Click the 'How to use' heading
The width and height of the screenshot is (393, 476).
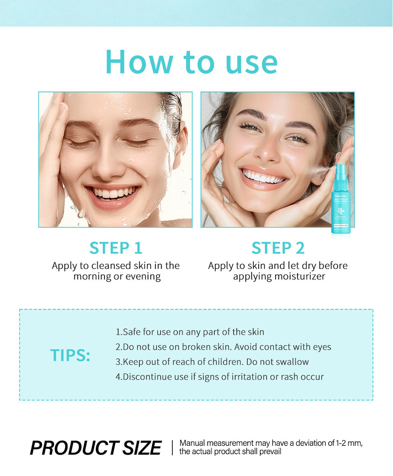(192, 62)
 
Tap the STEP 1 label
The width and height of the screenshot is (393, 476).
(116, 248)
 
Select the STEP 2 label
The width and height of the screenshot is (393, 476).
(278, 248)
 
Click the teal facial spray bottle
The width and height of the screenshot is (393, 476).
(341, 201)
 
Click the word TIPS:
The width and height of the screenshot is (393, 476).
(70, 355)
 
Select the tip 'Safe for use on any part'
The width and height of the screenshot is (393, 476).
(190, 332)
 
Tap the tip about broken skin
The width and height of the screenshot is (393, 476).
(223, 347)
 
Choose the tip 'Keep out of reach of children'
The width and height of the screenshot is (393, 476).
(212, 362)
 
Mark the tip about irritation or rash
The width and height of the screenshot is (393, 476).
(219, 376)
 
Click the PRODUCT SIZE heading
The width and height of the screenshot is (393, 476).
(96, 448)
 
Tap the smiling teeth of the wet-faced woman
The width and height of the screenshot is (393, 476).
(113, 192)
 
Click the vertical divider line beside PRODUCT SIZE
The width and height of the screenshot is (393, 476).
(172, 448)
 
